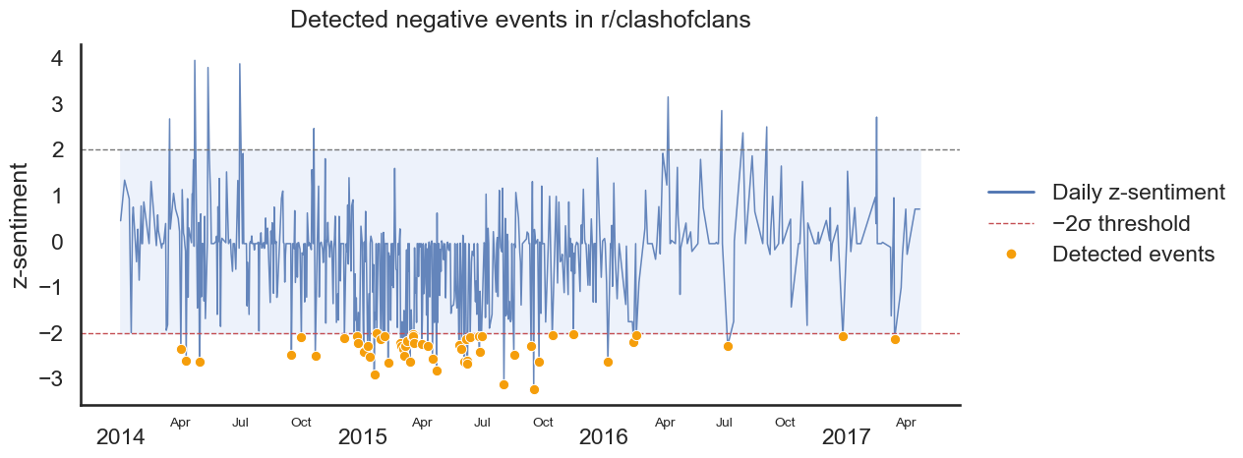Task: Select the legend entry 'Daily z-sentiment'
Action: [x=1138, y=192]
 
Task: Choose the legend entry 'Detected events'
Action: [x=1133, y=254]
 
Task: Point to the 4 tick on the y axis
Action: [x=57, y=58]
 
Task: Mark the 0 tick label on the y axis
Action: [x=57, y=242]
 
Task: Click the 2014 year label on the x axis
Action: [x=120, y=436]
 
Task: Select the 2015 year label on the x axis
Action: [x=362, y=436]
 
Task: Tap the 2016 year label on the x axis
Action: [x=604, y=436]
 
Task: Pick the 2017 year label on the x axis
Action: [x=847, y=436]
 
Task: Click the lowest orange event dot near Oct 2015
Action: [x=534, y=389]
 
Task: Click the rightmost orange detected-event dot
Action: [x=895, y=339]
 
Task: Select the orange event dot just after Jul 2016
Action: [x=728, y=346]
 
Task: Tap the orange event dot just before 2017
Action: [x=843, y=336]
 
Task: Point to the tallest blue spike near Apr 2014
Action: [x=195, y=61]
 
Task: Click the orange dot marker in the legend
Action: [x=1011, y=254]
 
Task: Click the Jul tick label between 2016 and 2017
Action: [x=725, y=423]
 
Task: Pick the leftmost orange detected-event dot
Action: [x=181, y=349]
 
